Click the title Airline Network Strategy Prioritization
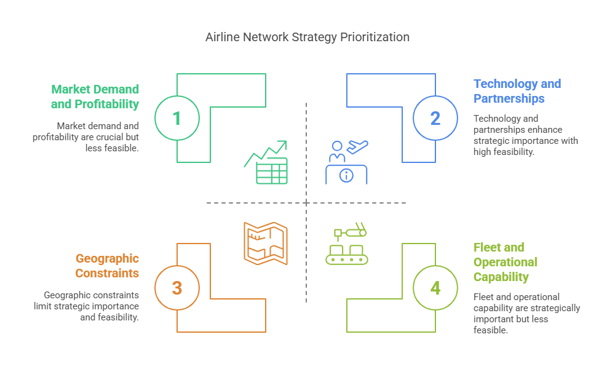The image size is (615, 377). (307, 37)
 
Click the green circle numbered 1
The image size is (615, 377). (177, 117)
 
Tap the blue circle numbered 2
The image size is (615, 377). (435, 117)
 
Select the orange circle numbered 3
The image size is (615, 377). (177, 288)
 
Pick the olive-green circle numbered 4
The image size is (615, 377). (435, 288)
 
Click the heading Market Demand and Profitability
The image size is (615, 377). (95, 97)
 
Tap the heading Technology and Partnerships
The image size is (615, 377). (517, 91)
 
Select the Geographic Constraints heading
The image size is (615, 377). (107, 266)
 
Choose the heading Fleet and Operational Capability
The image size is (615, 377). (505, 262)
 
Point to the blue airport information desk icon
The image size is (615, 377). (346, 162)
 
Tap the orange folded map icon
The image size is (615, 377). (266, 244)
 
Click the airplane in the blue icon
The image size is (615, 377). (357, 147)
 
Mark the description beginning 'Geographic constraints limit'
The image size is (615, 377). (91, 306)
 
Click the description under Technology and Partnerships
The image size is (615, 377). (525, 135)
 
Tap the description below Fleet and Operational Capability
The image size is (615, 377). (526, 313)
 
